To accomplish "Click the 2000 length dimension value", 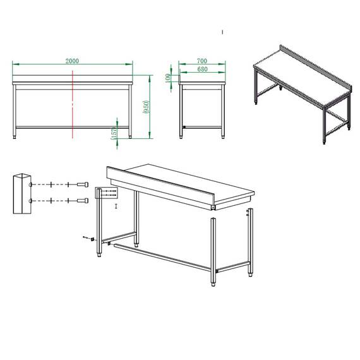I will coord(72,61).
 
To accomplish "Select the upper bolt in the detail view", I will coord(82,184).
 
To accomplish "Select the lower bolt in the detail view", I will coord(82,201).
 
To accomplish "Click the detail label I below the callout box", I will coord(116,206).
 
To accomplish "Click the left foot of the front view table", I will coord(16,134).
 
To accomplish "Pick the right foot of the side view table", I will coord(224,134).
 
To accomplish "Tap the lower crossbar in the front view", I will coord(73,127).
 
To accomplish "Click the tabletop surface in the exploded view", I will coord(189,181).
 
